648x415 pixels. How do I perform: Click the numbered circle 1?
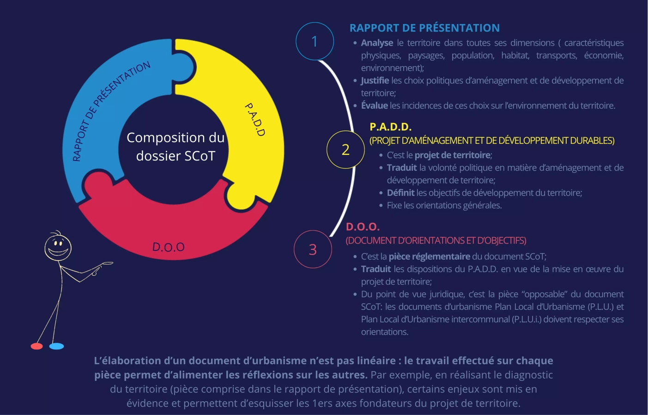pyautogui.click(x=315, y=41)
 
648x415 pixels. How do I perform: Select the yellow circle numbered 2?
pyautogui.click(x=345, y=150)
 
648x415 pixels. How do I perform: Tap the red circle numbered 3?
pyautogui.click(x=313, y=249)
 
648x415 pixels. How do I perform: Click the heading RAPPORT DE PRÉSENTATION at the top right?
pyautogui.click(x=424, y=28)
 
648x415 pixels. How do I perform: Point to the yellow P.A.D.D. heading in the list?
pyautogui.click(x=390, y=127)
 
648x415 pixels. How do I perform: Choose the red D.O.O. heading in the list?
pyautogui.click(x=363, y=227)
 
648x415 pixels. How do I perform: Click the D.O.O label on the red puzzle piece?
pyautogui.click(x=169, y=247)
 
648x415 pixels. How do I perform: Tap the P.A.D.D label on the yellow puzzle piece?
pyautogui.click(x=255, y=119)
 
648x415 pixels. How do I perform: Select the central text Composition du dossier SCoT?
pyautogui.click(x=176, y=147)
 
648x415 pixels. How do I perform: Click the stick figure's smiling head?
pyautogui.click(x=58, y=247)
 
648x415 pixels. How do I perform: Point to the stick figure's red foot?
pyautogui.click(x=36, y=346)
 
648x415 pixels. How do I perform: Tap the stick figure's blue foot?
pyautogui.click(x=56, y=346)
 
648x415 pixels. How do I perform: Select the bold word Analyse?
pyautogui.click(x=377, y=43)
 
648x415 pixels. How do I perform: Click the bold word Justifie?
pyautogui.click(x=375, y=81)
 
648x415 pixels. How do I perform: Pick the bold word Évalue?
pyautogui.click(x=375, y=106)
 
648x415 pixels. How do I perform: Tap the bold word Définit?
pyautogui.click(x=400, y=193)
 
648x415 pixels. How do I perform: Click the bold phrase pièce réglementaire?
pyautogui.click(x=429, y=256)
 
